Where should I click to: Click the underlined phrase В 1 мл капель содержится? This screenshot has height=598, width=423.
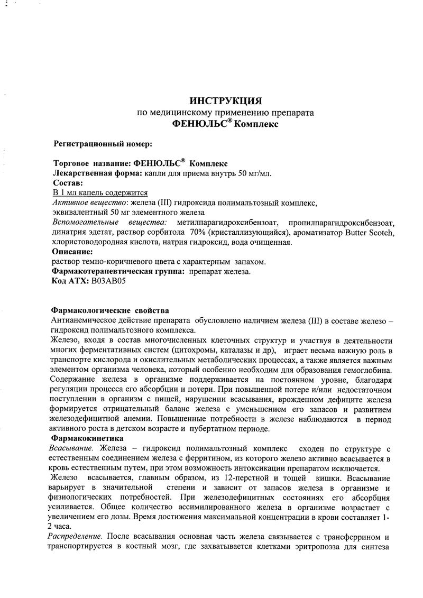click(100, 192)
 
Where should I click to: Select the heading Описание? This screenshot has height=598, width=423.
click(73, 252)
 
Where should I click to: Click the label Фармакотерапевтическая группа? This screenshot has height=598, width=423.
click(116, 272)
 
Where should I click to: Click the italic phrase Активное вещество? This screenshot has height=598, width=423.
click(90, 203)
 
